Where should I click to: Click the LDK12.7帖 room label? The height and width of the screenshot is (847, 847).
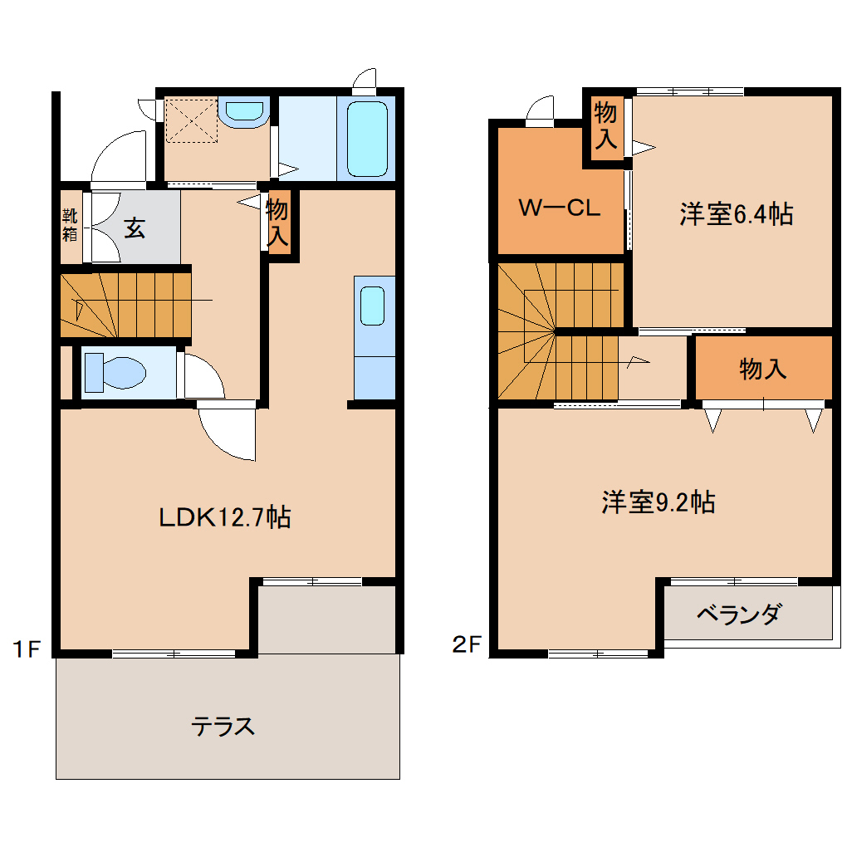coord(224,517)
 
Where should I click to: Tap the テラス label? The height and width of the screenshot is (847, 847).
coord(223,727)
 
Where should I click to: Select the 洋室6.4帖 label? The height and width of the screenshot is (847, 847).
coord(736,214)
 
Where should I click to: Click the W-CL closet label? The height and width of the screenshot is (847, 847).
coord(559,208)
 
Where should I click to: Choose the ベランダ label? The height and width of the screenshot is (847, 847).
coord(738,615)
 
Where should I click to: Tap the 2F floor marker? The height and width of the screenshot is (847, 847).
coord(468,644)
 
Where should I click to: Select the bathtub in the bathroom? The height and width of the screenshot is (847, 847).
coord(367,139)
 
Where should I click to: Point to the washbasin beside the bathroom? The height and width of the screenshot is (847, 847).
coord(245,112)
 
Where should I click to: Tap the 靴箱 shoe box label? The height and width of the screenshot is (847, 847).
coord(70,223)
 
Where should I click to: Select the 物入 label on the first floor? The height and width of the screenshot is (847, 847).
coord(277,222)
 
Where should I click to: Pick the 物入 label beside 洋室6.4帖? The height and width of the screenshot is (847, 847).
coord(605,125)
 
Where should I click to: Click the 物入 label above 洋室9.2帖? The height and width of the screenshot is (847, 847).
coord(762,369)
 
